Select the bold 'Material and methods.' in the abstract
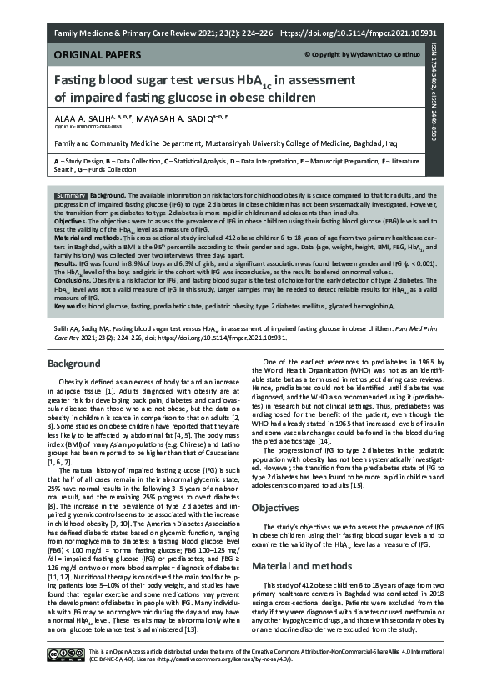(x=87, y=239)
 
